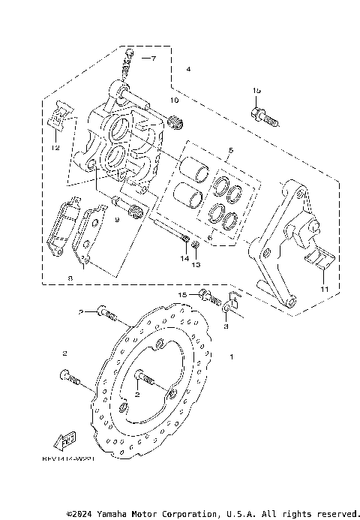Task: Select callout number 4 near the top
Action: click(x=188, y=69)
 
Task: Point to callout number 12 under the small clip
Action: click(x=55, y=148)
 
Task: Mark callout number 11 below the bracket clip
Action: click(x=324, y=289)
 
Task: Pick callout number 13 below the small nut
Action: click(x=196, y=265)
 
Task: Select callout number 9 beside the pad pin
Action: click(x=117, y=220)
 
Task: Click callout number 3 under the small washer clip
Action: click(x=227, y=327)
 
